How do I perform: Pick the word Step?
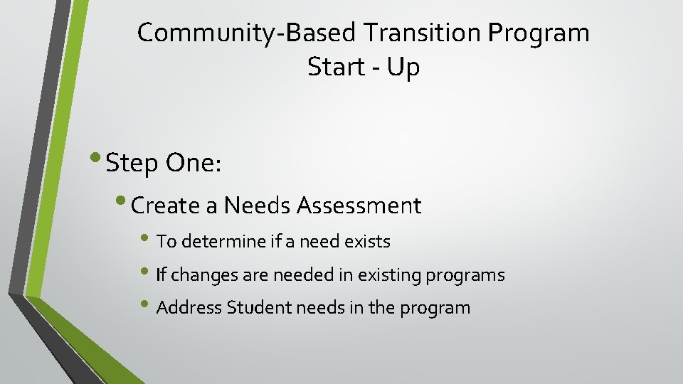pyautogui.click(x=132, y=164)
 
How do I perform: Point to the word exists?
pyautogui.click(x=368, y=242)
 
